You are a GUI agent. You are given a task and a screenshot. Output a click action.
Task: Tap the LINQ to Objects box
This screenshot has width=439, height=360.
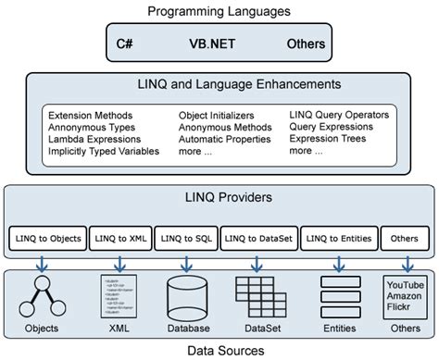coord(46,239)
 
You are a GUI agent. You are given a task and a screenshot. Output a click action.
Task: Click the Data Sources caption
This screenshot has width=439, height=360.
coord(219,351)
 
